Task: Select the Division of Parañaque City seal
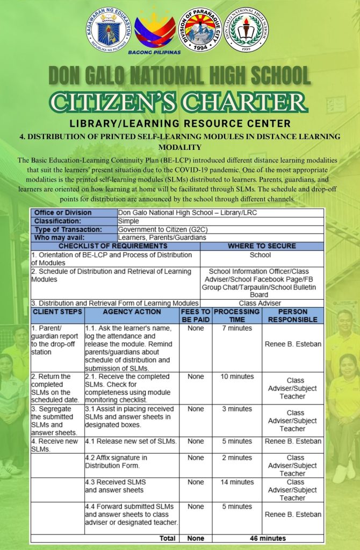tap(200, 30)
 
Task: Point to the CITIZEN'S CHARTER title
tap(180, 102)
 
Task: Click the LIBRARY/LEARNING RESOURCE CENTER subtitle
tap(180, 124)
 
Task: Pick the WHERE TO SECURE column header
tap(262, 246)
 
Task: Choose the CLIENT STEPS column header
tap(57, 312)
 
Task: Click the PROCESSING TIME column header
tap(236, 315)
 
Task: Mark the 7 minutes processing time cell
tap(236, 328)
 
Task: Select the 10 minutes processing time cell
tap(236, 377)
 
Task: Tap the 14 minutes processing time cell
tap(236, 482)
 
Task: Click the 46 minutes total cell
tap(268, 538)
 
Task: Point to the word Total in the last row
tap(167, 538)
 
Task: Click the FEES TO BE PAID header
tap(196, 315)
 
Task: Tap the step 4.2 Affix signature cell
tap(132, 462)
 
